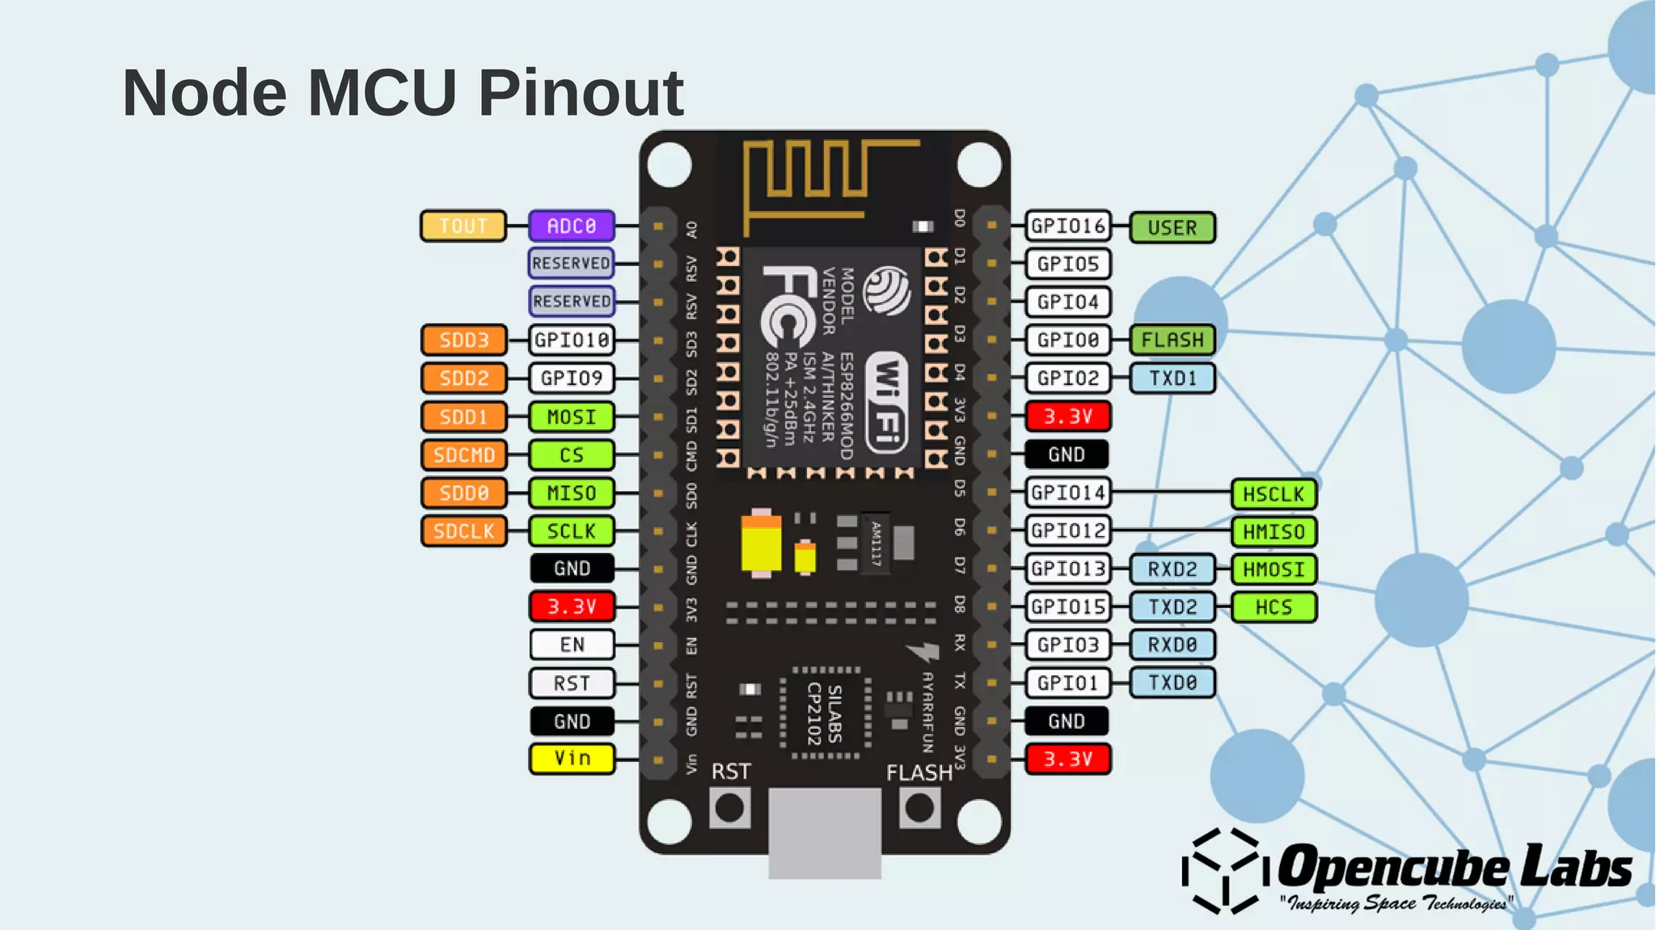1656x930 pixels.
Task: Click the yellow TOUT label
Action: point(463,226)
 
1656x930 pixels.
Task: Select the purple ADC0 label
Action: point(572,226)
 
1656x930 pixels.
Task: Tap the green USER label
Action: point(1172,228)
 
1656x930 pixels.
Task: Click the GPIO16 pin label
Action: point(1067,226)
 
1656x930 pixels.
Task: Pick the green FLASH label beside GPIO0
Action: point(1172,340)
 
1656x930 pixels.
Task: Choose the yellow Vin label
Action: point(572,759)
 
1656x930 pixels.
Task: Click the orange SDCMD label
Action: point(463,455)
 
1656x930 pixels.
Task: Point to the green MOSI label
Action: point(572,417)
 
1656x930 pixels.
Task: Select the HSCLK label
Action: point(1274,494)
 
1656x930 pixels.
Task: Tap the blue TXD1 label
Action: point(1172,378)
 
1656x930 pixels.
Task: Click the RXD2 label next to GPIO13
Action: point(1172,569)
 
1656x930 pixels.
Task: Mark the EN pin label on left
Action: point(572,645)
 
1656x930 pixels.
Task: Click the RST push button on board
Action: point(730,808)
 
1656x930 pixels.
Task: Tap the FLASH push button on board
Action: point(919,808)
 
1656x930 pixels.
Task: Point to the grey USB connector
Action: point(824,833)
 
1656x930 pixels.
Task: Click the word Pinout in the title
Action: point(581,92)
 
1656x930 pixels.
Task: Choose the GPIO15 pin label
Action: point(1067,607)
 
